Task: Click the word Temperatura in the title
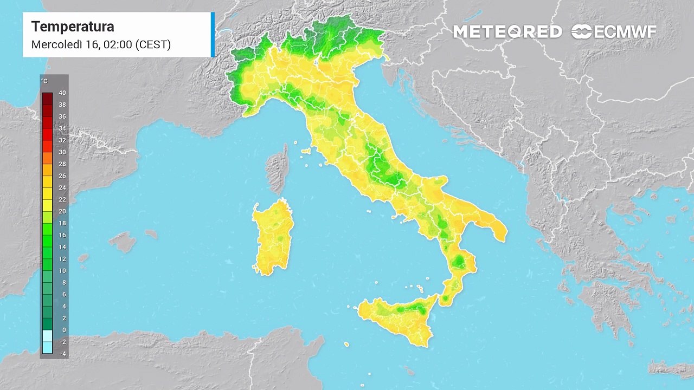(x=73, y=27)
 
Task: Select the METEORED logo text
(x=507, y=32)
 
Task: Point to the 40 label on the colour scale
(x=62, y=93)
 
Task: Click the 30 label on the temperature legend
(x=62, y=152)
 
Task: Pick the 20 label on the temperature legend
(x=62, y=211)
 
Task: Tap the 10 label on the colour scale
(x=62, y=271)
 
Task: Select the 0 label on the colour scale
(x=64, y=330)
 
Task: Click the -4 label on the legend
(x=63, y=354)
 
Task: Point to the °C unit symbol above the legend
(x=44, y=82)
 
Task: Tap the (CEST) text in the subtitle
(x=153, y=44)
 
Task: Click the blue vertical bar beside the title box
(x=213, y=34)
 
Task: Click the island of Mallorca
(x=123, y=242)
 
